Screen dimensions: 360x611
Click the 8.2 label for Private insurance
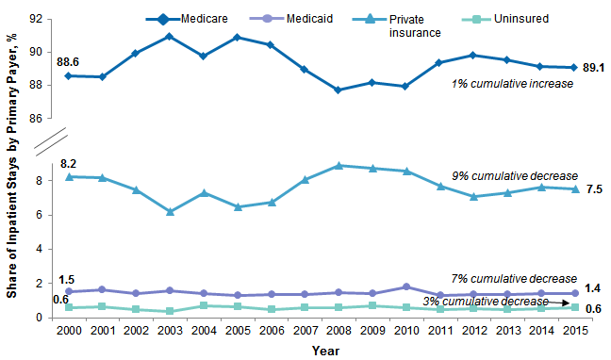68,163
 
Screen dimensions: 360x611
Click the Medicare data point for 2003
168,37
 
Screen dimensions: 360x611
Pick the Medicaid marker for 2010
405,286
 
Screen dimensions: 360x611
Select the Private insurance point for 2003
168,212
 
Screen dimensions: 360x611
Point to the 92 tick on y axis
43,19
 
